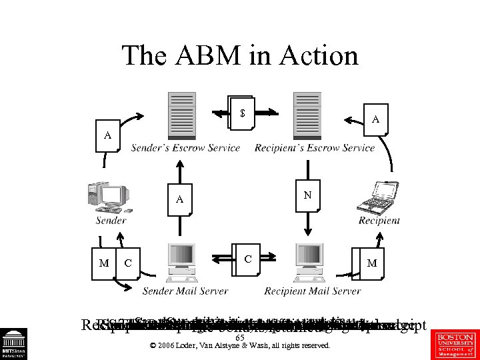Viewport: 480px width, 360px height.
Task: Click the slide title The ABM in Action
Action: point(239,55)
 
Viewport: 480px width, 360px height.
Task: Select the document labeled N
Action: point(307,196)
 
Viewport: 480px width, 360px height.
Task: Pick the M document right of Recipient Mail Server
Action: point(371,263)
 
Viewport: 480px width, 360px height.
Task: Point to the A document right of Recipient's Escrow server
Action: point(375,119)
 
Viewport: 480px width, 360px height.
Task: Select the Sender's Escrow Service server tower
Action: point(182,115)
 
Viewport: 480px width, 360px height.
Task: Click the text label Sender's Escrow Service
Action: point(185,148)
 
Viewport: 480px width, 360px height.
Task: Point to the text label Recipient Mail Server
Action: point(312,291)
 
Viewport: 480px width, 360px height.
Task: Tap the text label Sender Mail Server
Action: point(185,291)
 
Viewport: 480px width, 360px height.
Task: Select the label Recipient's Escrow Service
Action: point(315,148)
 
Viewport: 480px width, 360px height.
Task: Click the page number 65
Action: point(240,337)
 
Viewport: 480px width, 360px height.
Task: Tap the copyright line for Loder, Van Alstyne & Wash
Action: point(240,346)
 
